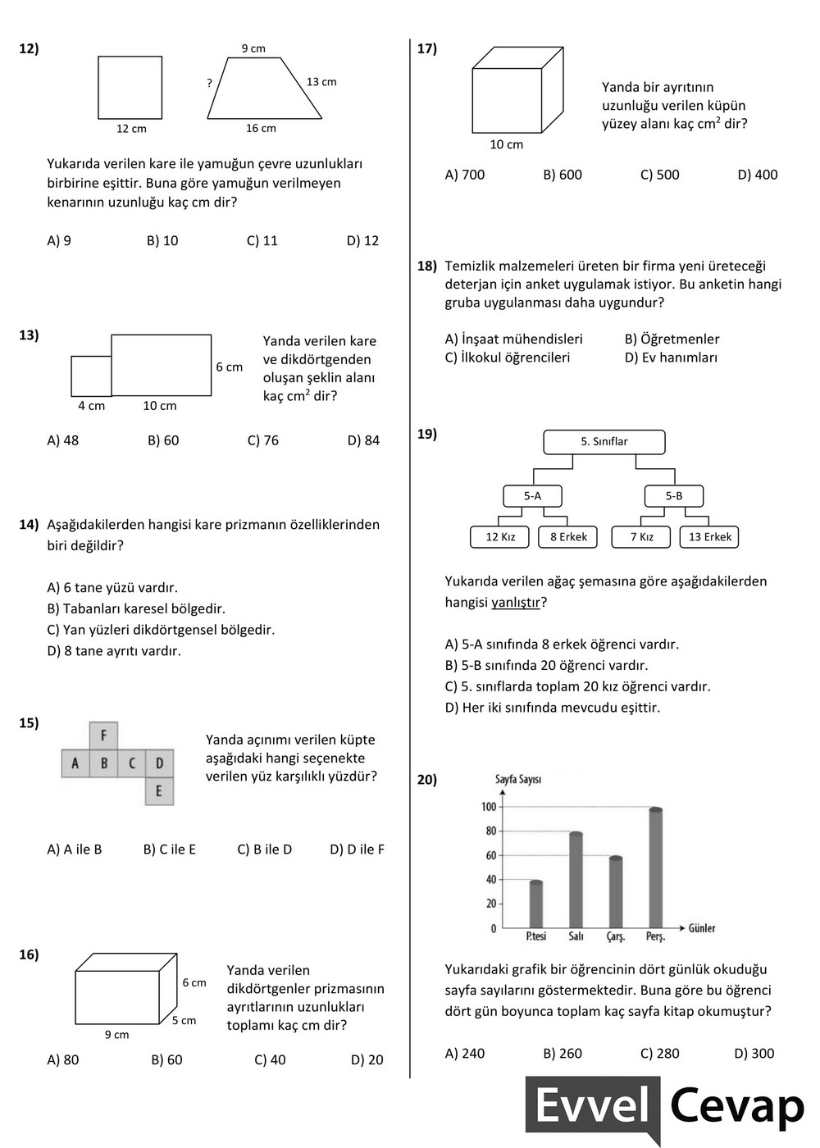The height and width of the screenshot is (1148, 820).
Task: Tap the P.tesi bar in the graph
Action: (x=536, y=902)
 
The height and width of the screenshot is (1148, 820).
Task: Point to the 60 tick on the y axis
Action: (x=491, y=855)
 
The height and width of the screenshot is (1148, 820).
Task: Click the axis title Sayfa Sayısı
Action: (x=517, y=779)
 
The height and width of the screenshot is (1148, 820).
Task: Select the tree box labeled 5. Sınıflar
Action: (x=604, y=442)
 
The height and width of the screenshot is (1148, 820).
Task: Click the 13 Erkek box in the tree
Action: (x=710, y=537)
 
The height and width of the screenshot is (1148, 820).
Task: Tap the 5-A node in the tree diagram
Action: (x=533, y=496)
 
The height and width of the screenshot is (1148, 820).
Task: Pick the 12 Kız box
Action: (x=500, y=537)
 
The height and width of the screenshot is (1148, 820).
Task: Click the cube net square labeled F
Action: (x=103, y=736)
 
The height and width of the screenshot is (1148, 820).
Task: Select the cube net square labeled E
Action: (x=159, y=791)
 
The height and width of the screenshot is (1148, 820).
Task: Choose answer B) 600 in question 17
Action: (x=563, y=175)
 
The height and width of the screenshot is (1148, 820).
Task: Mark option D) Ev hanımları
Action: (x=671, y=358)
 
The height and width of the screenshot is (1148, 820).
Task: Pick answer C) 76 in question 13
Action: (x=263, y=440)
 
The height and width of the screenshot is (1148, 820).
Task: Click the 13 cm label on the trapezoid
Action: (x=321, y=82)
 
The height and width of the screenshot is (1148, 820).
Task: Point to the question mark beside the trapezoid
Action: (x=210, y=83)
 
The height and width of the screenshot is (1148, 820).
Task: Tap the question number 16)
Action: (x=29, y=954)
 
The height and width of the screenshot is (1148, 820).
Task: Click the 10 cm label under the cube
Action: (x=506, y=145)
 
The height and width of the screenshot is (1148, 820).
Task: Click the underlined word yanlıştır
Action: (x=516, y=603)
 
